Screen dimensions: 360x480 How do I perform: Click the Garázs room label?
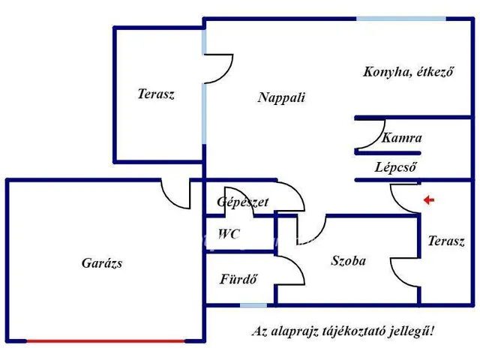click(x=102, y=263)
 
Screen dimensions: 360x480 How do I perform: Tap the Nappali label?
click(x=281, y=97)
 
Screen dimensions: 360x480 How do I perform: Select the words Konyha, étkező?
click(x=408, y=72)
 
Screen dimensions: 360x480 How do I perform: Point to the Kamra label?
click(x=401, y=138)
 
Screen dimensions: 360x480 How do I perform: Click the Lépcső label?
click(x=395, y=167)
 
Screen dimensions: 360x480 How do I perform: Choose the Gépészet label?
click(x=242, y=202)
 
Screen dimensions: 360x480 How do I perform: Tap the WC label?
click(x=229, y=234)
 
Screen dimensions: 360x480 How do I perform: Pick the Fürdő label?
click(x=238, y=280)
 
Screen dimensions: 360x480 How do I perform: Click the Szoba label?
click(x=349, y=261)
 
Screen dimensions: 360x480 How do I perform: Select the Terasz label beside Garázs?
click(x=156, y=94)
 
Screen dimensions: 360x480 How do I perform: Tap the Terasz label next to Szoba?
click(x=446, y=241)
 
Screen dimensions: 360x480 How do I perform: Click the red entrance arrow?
click(x=428, y=199)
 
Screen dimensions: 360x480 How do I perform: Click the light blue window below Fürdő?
click(x=253, y=304)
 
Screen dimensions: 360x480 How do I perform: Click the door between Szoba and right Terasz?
click(x=403, y=270)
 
